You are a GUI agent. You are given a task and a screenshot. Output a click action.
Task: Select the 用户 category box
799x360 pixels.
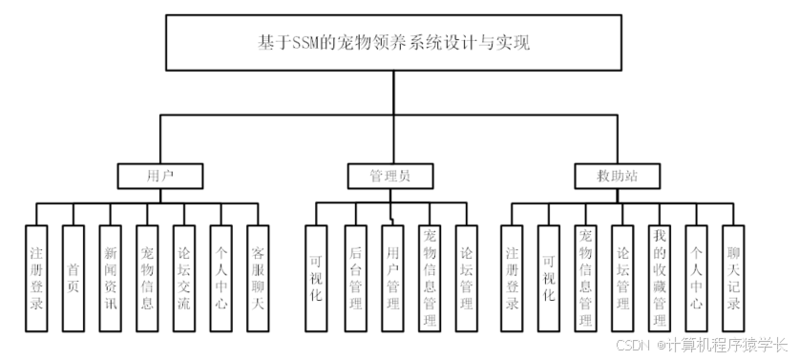(159, 176)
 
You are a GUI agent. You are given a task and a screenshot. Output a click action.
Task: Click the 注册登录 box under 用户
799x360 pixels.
(35, 277)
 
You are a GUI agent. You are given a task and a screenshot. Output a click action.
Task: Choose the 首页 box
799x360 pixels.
(73, 277)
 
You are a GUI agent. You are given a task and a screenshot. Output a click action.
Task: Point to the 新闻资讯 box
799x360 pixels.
(110, 277)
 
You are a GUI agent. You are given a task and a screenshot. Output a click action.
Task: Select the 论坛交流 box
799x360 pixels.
(183, 277)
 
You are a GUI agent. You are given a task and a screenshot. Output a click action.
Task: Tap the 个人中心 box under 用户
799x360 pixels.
(220, 277)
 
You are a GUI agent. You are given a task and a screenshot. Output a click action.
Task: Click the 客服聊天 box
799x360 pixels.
(257, 277)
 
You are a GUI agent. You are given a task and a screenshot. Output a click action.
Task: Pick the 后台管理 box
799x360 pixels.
(354, 277)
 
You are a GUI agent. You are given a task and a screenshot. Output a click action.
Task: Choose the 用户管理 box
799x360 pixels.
(391, 277)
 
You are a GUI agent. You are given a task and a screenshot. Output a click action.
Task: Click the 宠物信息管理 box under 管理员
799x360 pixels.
(429, 277)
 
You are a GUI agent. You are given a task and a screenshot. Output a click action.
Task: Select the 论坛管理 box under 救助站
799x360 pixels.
(621, 277)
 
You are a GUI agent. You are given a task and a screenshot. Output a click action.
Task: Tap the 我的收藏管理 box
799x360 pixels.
(659, 277)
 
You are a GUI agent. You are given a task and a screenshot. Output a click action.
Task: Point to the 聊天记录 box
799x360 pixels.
(732, 277)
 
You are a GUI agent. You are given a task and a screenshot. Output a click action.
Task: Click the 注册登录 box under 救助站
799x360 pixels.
(512, 277)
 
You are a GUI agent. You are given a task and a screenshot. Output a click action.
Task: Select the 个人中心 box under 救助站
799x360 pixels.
(696, 277)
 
